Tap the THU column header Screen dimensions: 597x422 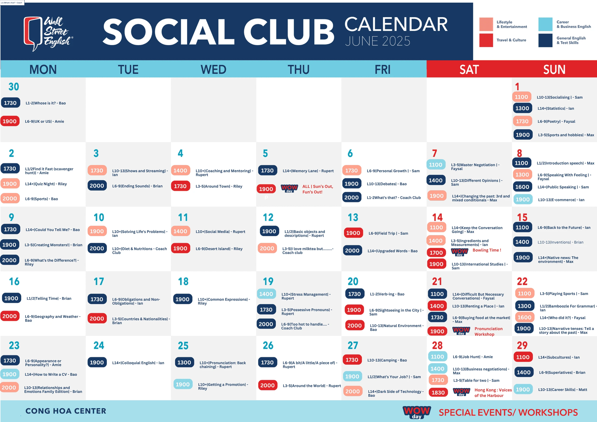(x=299, y=69)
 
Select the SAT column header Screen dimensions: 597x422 (x=469, y=69)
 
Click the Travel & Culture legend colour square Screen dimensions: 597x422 (x=486, y=40)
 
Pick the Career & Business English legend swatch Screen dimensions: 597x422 (x=545, y=24)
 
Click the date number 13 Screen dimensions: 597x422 (x=353, y=217)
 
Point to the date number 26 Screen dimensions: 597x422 (x=268, y=345)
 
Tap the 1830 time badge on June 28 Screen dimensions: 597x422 (x=438, y=392)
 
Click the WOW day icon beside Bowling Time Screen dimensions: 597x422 (x=460, y=252)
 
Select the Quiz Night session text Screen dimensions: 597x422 (x=46, y=184)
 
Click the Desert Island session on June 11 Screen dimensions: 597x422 (x=219, y=249)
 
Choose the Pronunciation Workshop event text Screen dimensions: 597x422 (x=488, y=332)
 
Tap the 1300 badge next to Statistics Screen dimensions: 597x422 (x=522, y=108)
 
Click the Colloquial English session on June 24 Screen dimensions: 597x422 (x=138, y=363)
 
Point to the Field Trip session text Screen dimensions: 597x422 (x=388, y=233)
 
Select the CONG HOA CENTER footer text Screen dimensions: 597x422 (x=66, y=411)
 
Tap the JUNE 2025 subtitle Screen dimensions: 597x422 (x=377, y=41)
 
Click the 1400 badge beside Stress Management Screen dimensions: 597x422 (x=266, y=294)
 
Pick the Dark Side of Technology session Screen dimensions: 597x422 (x=396, y=393)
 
